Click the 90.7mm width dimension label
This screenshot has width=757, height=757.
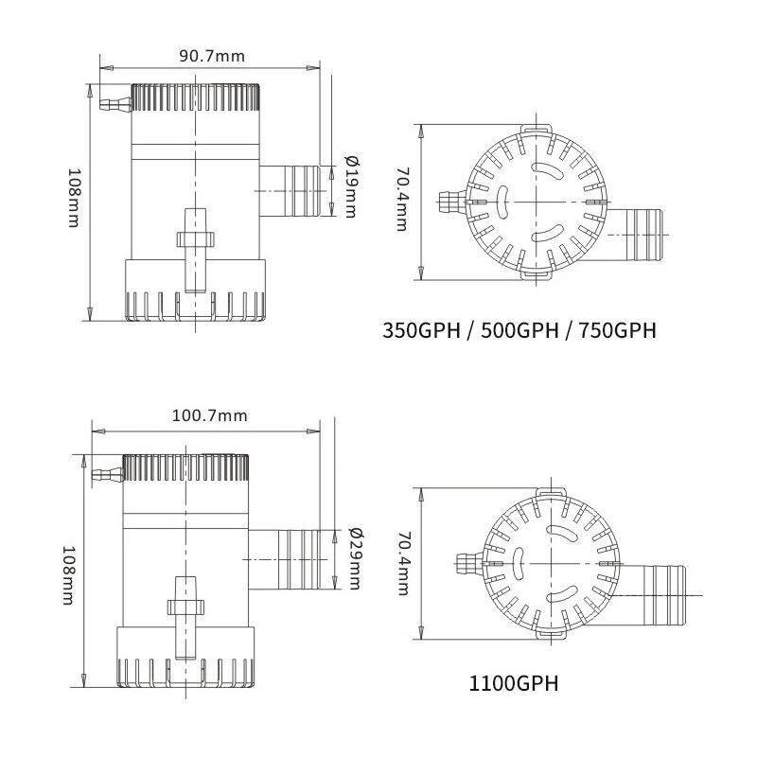pyautogui.click(x=212, y=56)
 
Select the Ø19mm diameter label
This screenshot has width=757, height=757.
pyautogui.click(x=351, y=185)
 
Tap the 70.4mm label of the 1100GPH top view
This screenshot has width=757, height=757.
pyautogui.click(x=402, y=563)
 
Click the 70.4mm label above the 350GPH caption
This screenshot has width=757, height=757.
pyautogui.click(x=402, y=200)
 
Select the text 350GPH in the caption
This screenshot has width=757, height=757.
pyautogui.click(x=421, y=331)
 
